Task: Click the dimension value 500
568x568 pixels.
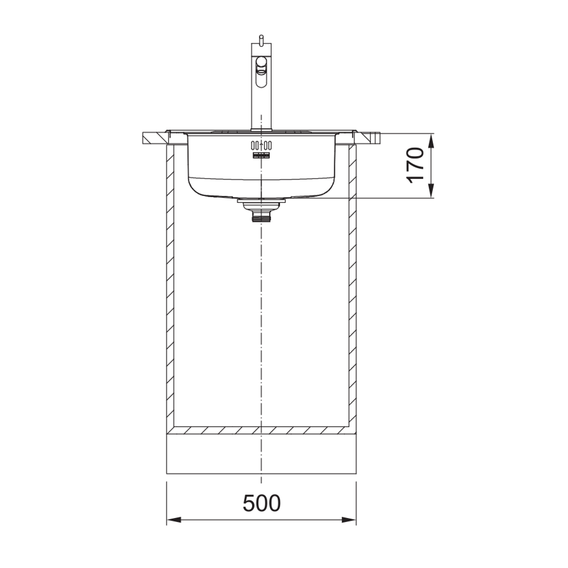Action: point(261,503)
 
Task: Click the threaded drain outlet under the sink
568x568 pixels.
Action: point(260,216)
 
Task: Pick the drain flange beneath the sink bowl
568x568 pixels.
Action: point(260,202)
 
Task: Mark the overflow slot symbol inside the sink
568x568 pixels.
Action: point(260,155)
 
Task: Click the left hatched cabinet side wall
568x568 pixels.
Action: point(169,284)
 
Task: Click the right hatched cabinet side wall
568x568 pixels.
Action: point(351,284)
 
